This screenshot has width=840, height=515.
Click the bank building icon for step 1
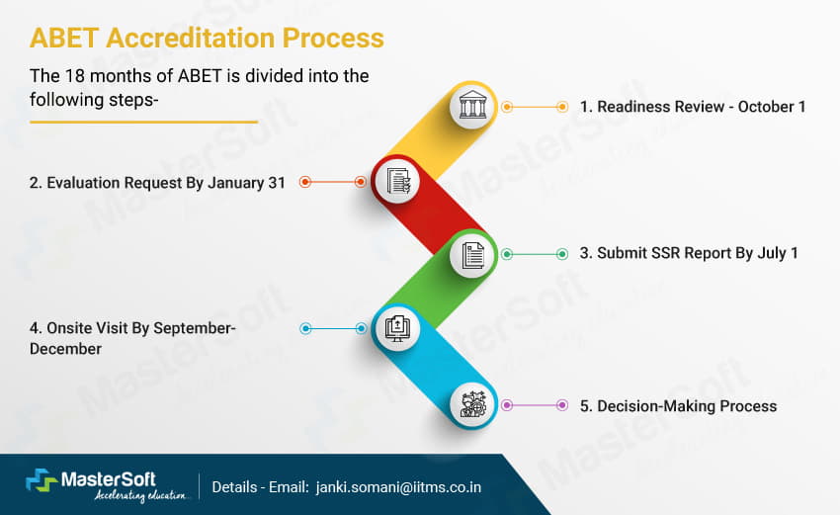(x=472, y=106)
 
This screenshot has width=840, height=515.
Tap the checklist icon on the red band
(x=398, y=182)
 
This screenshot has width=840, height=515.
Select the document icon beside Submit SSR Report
(x=473, y=255)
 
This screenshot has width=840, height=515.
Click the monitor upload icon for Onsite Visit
(x=397, y=328)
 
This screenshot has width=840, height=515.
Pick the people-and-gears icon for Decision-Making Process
(x=473, y=405)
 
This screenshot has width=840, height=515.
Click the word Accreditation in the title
(x=190, y=38)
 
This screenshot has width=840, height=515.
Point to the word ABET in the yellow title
(x=64, y=38)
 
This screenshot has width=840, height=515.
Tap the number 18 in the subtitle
(x=74, y=75)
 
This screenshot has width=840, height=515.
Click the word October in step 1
(x=766, y=107)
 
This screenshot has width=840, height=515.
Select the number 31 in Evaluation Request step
(x=277, y=183)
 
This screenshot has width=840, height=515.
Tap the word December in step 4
(x=65, y=349)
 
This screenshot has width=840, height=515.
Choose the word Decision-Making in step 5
(x=656, y=406)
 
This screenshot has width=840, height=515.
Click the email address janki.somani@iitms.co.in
(x=398, y=487)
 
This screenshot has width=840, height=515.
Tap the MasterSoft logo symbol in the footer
(x=42, y=479)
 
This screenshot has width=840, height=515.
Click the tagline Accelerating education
(x=141, y=495)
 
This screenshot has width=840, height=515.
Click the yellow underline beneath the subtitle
(x=143, y=123)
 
